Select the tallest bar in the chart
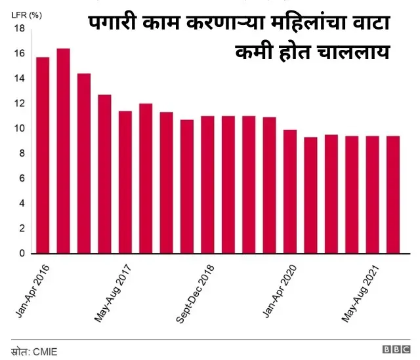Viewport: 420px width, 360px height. point(63,151)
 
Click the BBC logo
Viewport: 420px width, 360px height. point(396,351)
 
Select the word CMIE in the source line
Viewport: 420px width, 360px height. point(45,351)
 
